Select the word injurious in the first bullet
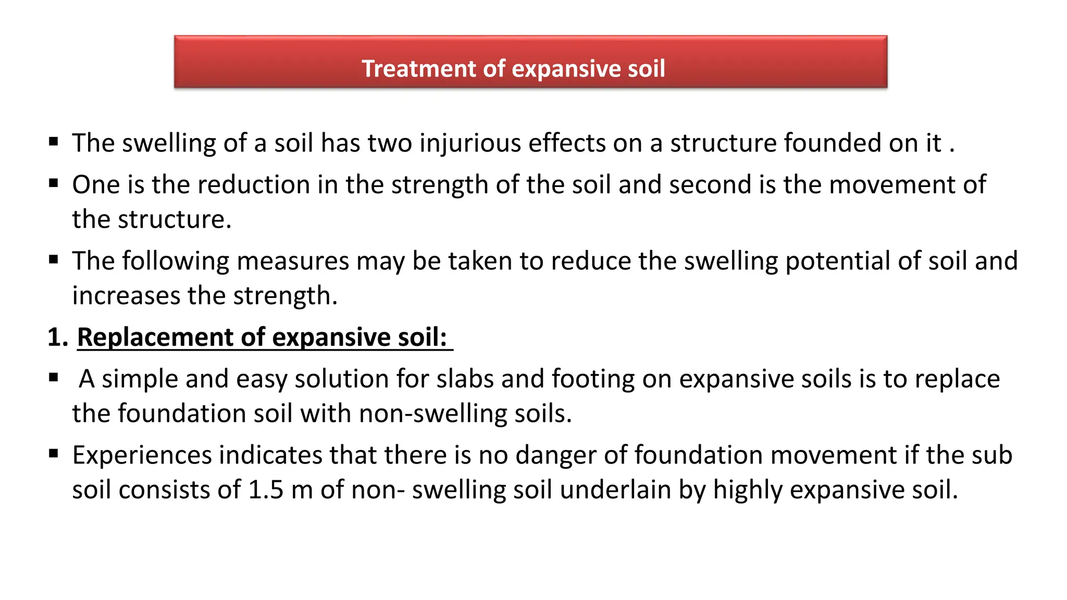coord(470,143)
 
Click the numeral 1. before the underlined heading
coord(58,337)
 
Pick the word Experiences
coord(142,456)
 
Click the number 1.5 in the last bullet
coord(266,490)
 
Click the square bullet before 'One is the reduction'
coord(54,183)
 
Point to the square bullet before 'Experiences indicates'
coord(54,454)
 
